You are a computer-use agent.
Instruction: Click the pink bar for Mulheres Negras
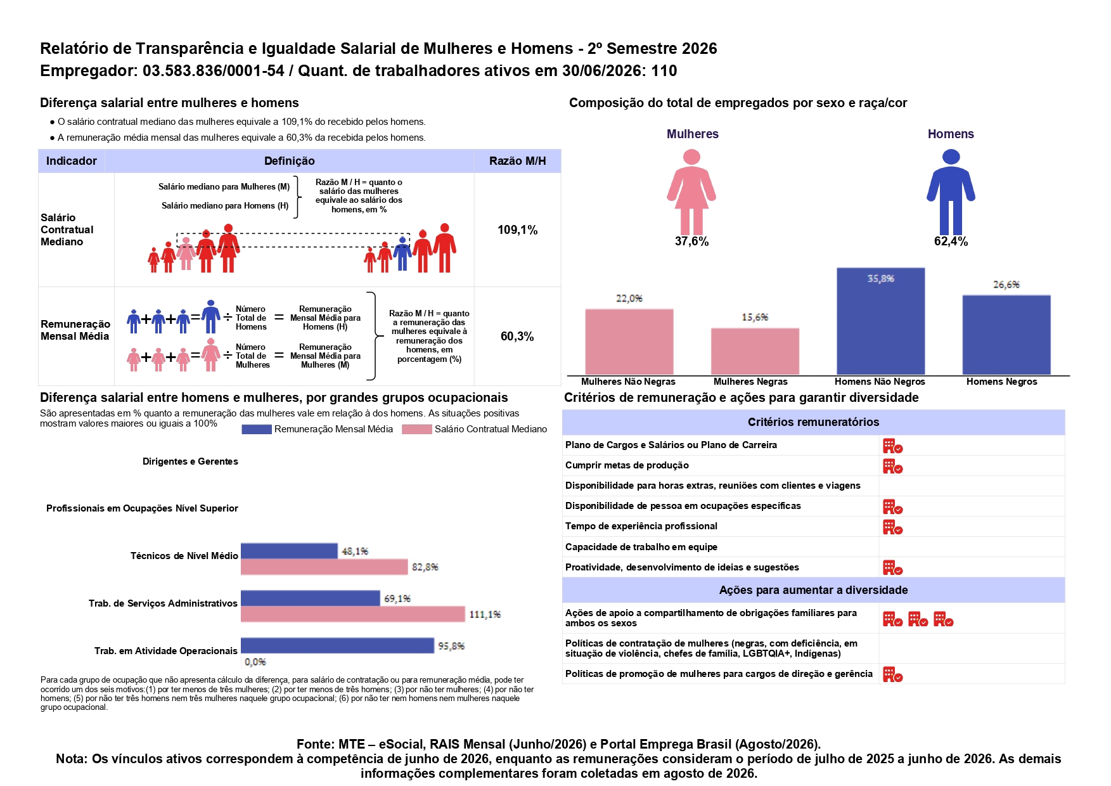755,351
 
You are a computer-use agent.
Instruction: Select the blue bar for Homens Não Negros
880,321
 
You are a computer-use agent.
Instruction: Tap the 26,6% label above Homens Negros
1006,285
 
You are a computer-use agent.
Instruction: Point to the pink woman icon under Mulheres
691,191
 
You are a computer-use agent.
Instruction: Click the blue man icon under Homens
951,191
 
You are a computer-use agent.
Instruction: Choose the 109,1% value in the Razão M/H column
517,230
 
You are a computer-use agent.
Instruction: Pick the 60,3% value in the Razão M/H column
517,337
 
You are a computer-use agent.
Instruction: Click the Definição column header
289,161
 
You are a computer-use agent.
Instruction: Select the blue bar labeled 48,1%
289,551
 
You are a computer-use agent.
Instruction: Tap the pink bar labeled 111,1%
353,614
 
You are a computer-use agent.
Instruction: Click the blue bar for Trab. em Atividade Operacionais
337,645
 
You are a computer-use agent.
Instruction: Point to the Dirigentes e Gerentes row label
190,461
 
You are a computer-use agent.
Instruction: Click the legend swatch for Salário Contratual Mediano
416,429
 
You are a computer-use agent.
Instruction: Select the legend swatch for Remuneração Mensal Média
257,429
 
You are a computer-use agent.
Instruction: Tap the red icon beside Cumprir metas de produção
892,467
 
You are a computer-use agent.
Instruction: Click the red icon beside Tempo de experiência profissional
892,527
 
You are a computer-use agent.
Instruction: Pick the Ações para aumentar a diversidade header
813,590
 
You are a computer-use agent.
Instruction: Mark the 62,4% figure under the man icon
951,242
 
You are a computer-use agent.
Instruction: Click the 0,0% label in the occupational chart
255,662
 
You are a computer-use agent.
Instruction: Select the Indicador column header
72,161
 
